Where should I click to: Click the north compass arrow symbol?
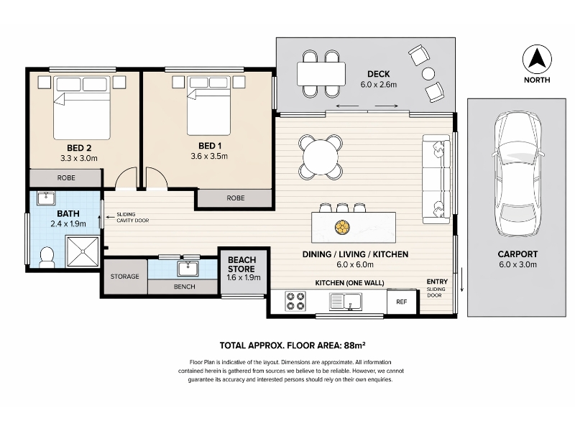coord(537,59)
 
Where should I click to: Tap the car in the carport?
coord(517,174)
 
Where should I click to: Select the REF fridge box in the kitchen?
coord(402,302)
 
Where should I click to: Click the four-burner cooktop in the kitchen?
coord(295,301)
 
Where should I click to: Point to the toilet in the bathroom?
coord(46,257)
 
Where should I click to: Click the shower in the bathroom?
coord(83,251)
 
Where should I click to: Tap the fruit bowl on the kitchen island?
coord(342,227)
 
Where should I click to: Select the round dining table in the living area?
coord(321,157)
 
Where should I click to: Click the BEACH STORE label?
coord(241,264)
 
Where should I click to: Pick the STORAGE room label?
coord(124,277)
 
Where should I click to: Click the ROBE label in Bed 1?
coord(236,198)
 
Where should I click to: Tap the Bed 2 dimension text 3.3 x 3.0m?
coord(79,158)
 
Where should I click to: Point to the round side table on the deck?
coord(428,74)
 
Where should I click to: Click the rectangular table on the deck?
coord(321,74)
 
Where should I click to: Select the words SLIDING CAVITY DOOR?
coord(133,218)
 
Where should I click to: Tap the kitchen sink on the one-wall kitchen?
coord(346,302)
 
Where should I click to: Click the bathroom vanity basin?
coord(46,198)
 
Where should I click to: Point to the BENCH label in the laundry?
coord(184,287)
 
